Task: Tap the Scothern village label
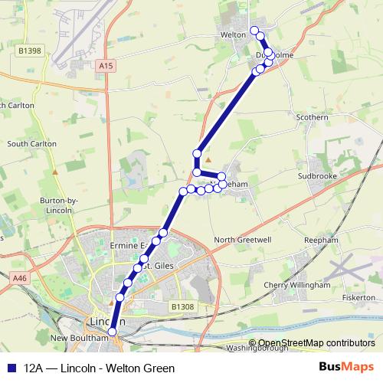pyautogui.click(x=311, y=117)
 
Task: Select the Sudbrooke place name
pyautogui.click(x=319, y=175)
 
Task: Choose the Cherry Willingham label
pyautogui.click(x=296, y=285)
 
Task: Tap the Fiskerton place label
pyautogui.click(x=358, y=297)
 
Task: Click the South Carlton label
pyautogui.click(x=28, y=143)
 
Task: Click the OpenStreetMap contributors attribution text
pyautogui.click(x=316, y=343)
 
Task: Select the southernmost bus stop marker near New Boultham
pyautogui.click(x=112, y=331)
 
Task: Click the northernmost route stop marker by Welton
pyautogui.click(x=254, y=29)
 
